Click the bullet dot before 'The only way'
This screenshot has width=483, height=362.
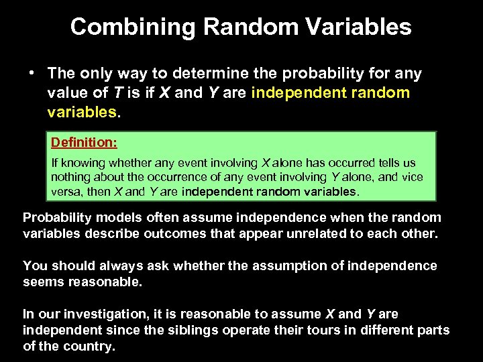click(32, 72)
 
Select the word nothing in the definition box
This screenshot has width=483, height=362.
click(70, 178)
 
